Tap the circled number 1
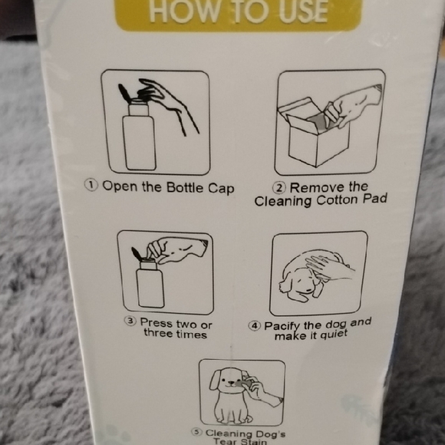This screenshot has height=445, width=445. pos(91,186)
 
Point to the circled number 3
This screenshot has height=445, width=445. pos(130,323)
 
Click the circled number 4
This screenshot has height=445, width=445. pos(254,326)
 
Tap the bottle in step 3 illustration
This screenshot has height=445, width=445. pos(150,283)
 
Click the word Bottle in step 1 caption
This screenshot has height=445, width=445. pos(176,186)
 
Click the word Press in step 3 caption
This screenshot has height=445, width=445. pos(156,323)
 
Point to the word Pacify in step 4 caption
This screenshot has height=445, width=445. pos(282,325)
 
